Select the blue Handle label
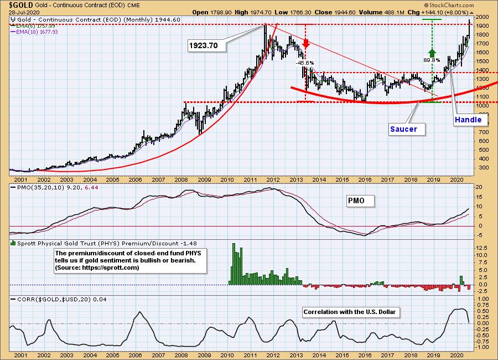click(468, 120)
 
